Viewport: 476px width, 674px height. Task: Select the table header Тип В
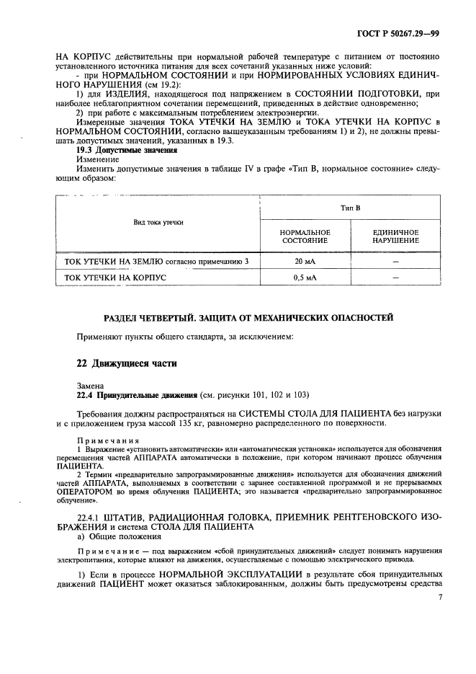350,208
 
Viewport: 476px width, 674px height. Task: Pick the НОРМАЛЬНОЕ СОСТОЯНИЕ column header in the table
305,236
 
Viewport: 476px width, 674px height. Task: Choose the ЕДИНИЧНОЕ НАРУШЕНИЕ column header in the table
395,236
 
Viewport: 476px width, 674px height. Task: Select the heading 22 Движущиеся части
126,363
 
